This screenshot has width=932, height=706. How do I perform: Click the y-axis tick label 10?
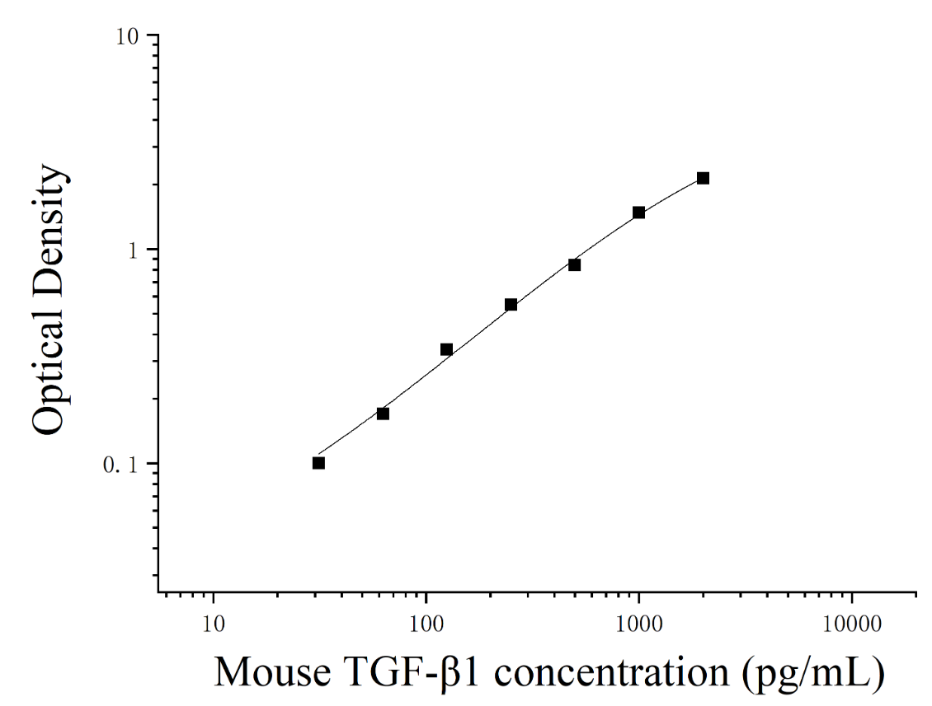[x=126, y=37]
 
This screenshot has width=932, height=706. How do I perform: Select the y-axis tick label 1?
[x=133, y=250]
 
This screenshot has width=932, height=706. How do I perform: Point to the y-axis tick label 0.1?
[x=120, y=465]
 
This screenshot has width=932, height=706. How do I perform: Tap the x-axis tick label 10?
[x=213, y=624]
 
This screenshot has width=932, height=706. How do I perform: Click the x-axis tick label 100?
[x=426, y=624]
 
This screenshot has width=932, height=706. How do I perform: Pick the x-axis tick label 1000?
[x=638, y=624]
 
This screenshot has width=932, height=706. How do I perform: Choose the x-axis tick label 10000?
[x=852, y=624]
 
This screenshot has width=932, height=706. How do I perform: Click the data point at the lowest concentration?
[x=318, y=462]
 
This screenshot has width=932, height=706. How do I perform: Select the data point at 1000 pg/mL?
[x=639, y=213]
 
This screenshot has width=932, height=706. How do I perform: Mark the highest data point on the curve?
[x=704, y=178]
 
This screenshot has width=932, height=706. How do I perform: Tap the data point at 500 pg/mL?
[x=574, y=264]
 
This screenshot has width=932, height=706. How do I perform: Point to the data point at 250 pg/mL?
[x=511, y=305]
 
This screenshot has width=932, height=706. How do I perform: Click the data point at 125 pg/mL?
[x=446, y=349]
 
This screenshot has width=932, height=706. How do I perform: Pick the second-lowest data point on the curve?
[x=383, y=414]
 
